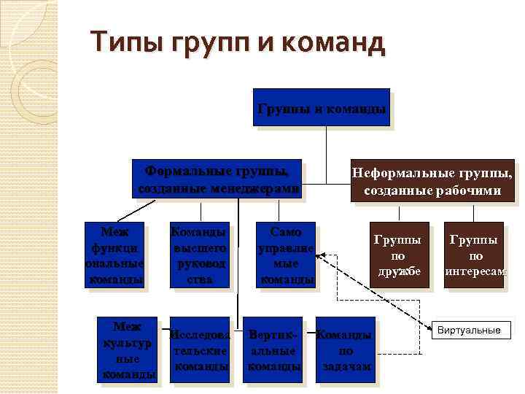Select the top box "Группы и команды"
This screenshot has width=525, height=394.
point(321,107)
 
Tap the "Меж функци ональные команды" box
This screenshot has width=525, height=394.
point(113,255)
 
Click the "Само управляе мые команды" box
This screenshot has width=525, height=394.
point(285,255)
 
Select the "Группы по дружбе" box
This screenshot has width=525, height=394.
point(397,255)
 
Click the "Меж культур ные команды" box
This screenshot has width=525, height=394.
point(127,349)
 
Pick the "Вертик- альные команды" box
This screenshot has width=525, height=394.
point(274,349)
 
